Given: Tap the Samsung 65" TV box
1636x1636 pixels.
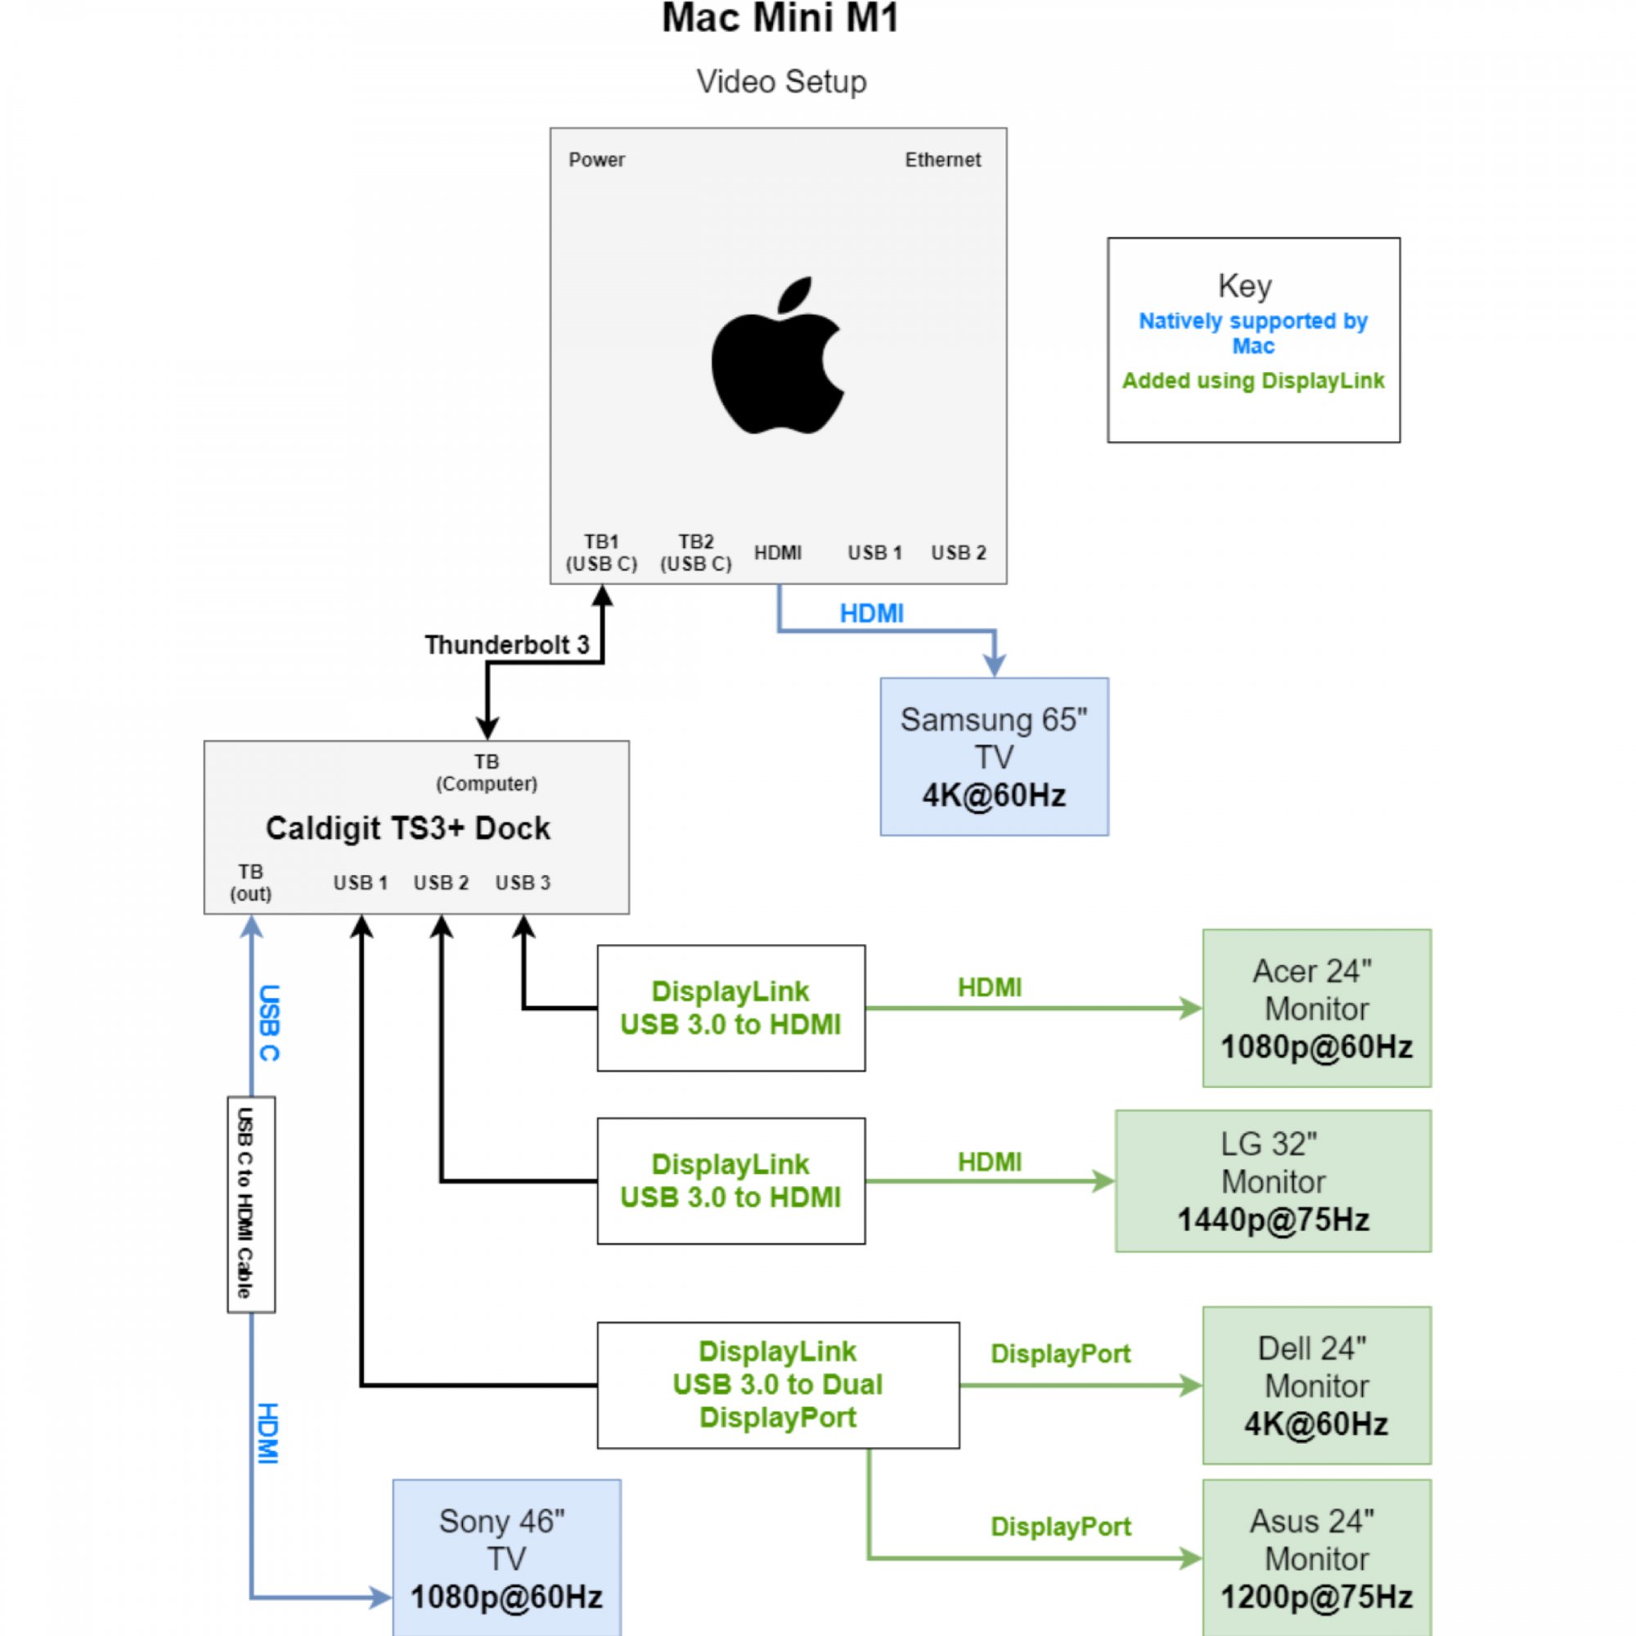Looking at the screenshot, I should [x=993, y=756].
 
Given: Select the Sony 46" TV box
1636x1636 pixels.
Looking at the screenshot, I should [x=506, y=1558].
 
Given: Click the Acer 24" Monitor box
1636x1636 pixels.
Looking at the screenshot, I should [x=1316, y=1008].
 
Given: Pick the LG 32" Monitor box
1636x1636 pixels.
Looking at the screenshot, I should [x=1272, y=1180].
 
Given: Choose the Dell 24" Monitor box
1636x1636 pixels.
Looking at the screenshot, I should [x=1316, y=1386].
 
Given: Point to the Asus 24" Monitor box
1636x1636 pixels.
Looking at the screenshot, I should [x=1316, y=1558].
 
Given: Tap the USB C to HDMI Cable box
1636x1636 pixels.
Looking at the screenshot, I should [x=250, y=1203].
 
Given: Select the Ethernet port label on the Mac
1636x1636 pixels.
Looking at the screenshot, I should [x=942, y=160].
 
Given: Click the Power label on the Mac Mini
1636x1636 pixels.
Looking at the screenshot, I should [x=596, y=160].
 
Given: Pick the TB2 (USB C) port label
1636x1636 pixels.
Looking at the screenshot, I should [x=695, y=552].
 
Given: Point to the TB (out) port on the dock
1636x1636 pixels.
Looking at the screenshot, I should [x=250, y=883].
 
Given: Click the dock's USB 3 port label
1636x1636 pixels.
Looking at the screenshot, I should [x=523, y=883].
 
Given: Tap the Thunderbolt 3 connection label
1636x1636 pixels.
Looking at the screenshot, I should [x=506, y=645].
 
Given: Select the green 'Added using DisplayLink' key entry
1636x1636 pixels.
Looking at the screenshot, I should [x=1252, y=381].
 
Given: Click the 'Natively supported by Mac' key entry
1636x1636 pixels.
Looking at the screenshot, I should [x=1252, y=333].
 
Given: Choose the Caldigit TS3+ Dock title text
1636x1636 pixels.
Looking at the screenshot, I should [x=407, y=828].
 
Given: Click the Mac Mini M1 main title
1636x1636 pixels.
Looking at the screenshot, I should [x=779, y=19].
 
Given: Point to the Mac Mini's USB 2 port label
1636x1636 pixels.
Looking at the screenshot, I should [x=958, y=553].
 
